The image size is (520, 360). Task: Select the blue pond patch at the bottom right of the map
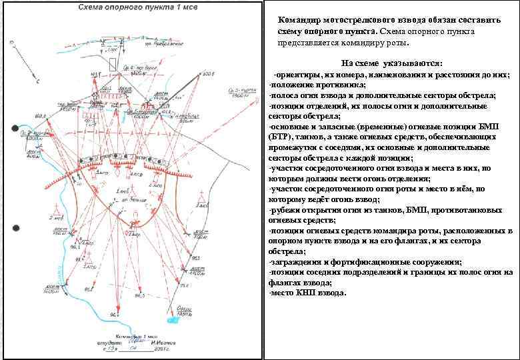(x=174, y=319)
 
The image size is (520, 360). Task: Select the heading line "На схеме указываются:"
(x=389, y=63)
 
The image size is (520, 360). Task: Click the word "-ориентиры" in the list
(x=293, y=75)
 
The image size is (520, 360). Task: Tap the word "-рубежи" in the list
(x=284, y=209)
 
